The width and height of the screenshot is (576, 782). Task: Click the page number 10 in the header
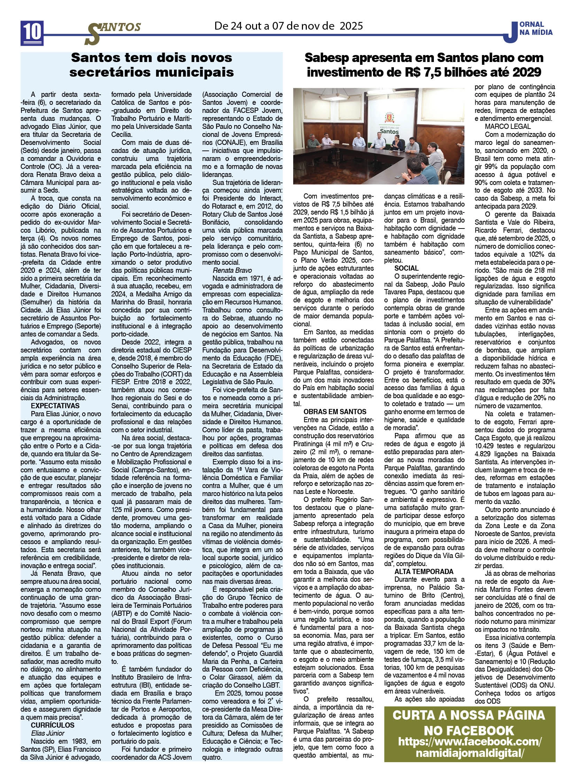coord(32,32)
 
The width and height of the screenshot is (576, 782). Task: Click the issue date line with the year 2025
coord(288,26)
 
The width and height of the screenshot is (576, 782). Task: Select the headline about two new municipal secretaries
coord(151,65)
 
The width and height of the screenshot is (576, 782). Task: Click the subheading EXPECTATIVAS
coord(55,406)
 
